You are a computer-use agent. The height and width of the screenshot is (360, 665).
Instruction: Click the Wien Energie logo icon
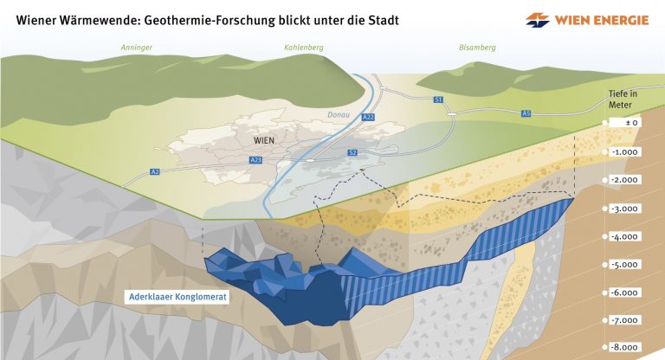(x=538, y=20)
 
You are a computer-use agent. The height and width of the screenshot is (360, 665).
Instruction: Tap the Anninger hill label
(x=136, y=48)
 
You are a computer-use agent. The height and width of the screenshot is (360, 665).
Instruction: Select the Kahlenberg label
(x=304, y=48)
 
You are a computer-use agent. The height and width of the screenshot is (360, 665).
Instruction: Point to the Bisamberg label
(x=477, y=48)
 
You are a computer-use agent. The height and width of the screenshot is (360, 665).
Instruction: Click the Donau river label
(x=339, y=114)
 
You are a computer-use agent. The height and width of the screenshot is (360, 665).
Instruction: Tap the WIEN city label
(x=264, y=140)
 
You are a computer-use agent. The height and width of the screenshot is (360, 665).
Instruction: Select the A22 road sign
(x=368, y=117)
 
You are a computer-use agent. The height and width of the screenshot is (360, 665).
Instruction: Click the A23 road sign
(x=255, y=160)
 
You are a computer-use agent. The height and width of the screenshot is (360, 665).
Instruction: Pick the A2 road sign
(x=155, y=171)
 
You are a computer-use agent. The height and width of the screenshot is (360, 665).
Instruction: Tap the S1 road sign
(x=438, y=100)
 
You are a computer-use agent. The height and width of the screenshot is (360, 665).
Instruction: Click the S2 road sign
(x=352, y=152)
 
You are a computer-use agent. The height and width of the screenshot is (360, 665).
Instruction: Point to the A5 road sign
(x=526, y=113)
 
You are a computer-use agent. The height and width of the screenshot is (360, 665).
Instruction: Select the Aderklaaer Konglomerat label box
(x=178, y=297)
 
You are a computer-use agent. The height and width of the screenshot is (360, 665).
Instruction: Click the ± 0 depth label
(x=625, y=123)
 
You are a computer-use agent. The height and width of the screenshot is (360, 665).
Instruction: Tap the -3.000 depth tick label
(x=625, y=209)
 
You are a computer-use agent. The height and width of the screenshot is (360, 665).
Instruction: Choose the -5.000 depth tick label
(x=625, y=265)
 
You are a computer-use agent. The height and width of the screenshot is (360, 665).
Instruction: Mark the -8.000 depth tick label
(x=625, y=347)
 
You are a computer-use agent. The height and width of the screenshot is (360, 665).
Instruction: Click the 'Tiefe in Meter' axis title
(x=623, y=100)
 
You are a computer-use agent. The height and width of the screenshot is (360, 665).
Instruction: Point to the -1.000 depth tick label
(x=625, y=152)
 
